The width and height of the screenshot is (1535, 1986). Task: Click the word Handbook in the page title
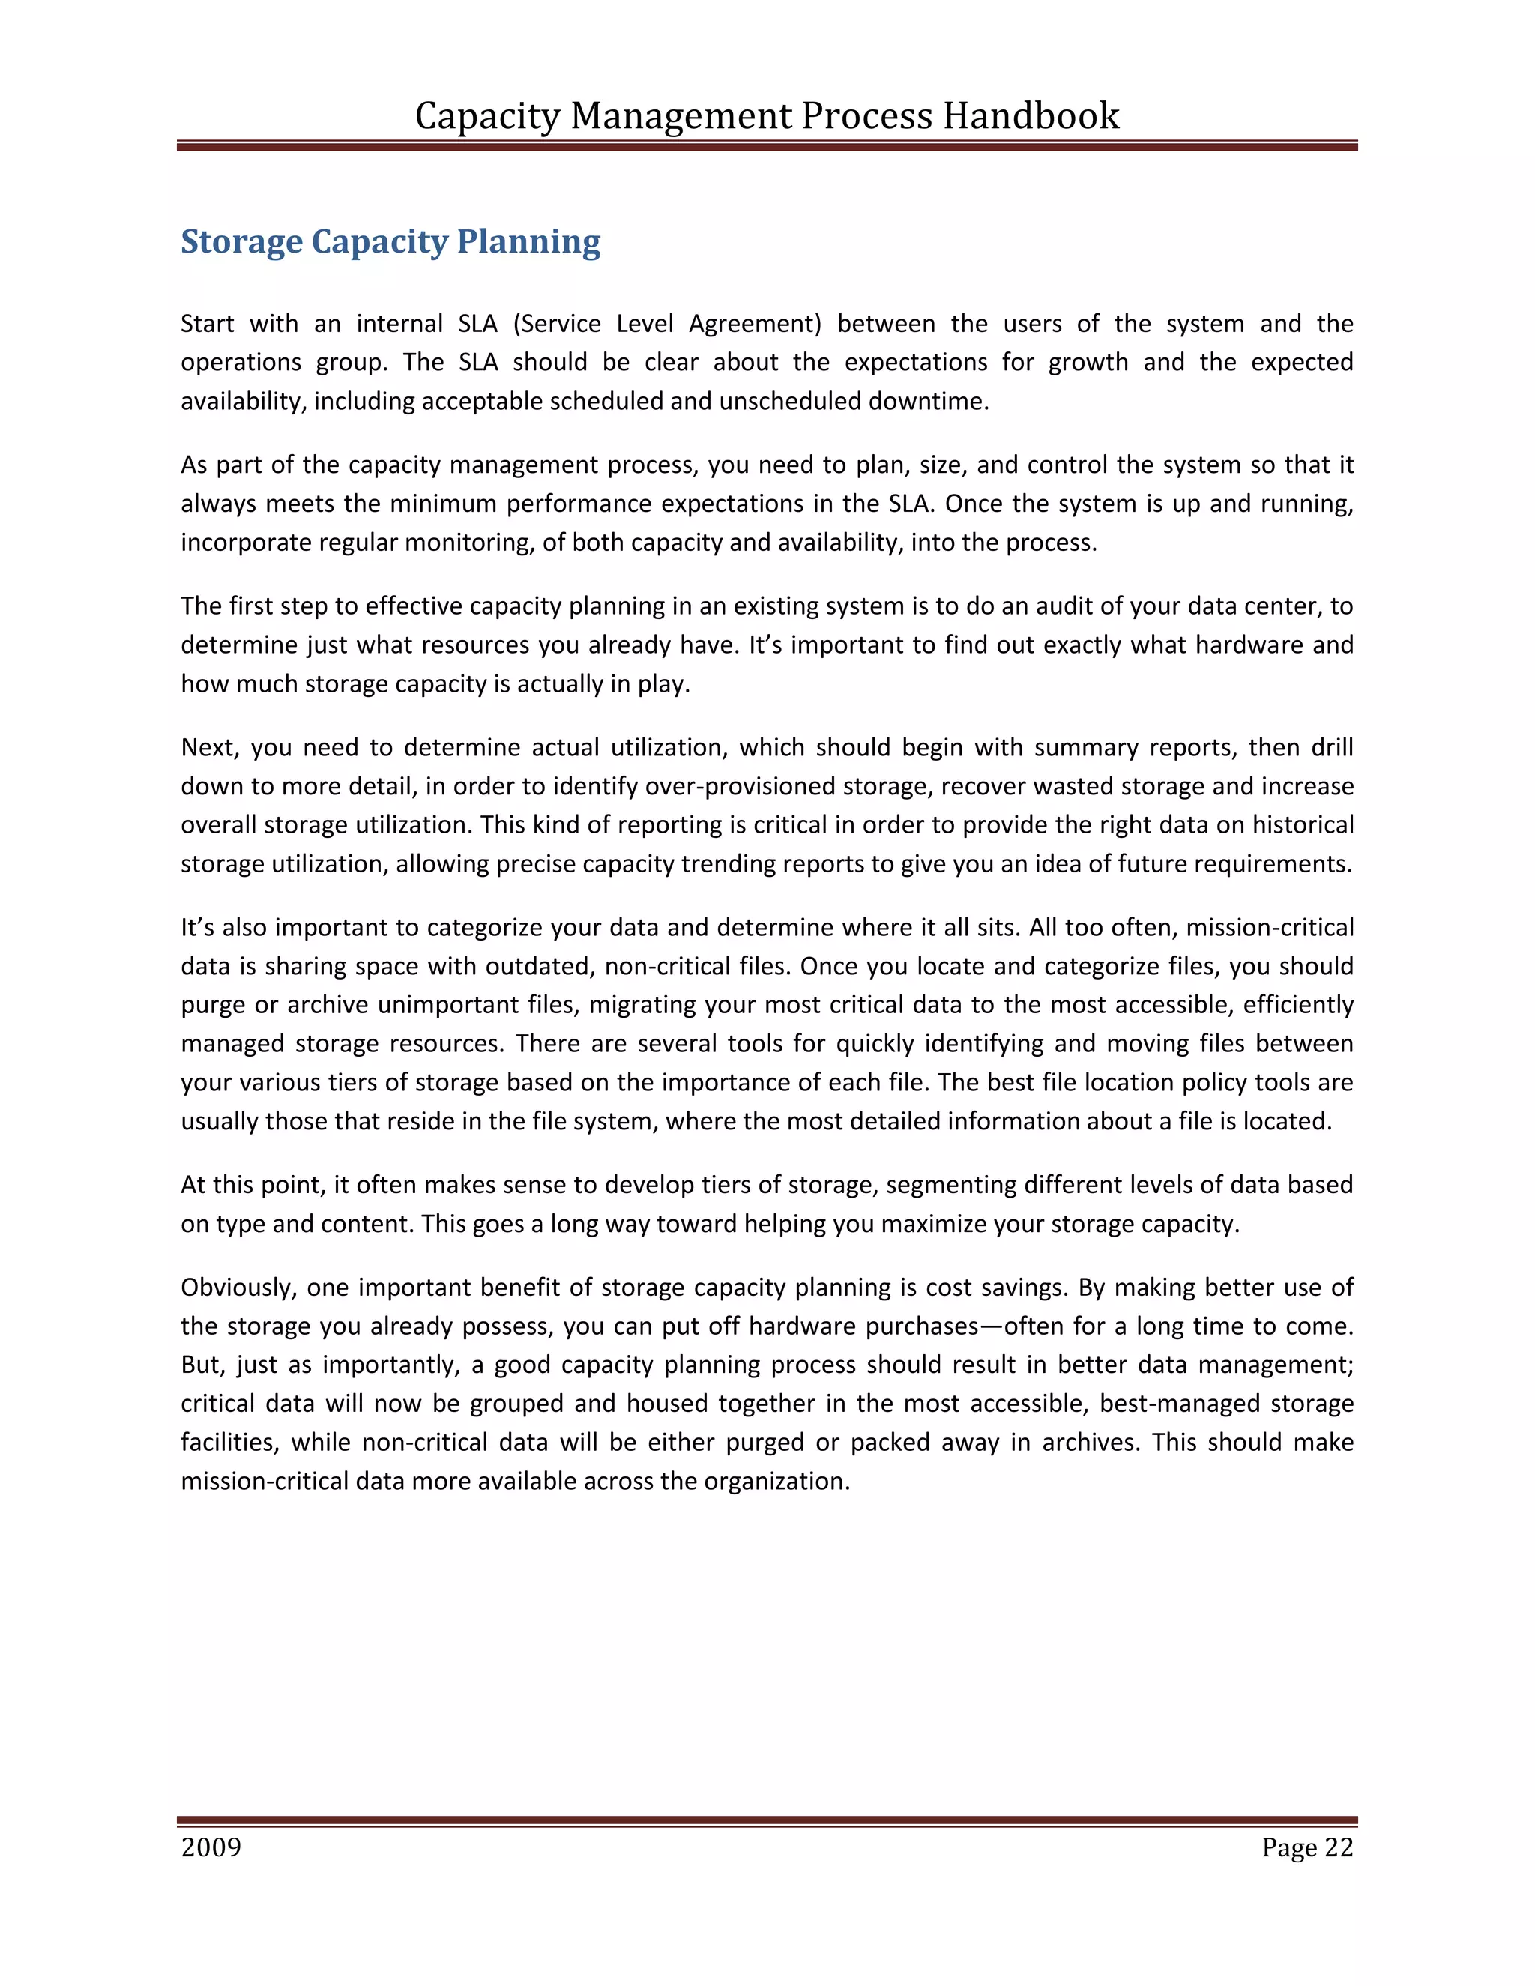1031,116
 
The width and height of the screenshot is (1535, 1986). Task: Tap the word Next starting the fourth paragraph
208,747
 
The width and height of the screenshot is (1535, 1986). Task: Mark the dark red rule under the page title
767,145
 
